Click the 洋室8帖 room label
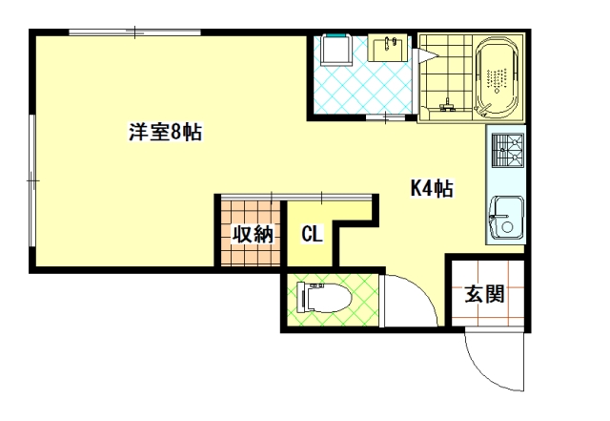[165, 132]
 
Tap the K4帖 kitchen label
[432, 189]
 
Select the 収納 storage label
[253, 234]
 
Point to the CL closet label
[312, 234]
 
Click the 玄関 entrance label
[485, 294]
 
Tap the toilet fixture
[324, 298]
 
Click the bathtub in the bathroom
[498, 78]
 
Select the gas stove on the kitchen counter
[508, 150]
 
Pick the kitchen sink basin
[506, 218]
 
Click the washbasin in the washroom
[388, 48]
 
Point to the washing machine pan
[336, 50]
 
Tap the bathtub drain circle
[497, 91]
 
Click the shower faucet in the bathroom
[447, 105]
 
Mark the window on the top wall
[134, 32]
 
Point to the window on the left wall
[32, 180]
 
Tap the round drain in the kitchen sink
[507, 227]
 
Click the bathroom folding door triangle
[426, 55]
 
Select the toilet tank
[302, 298]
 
